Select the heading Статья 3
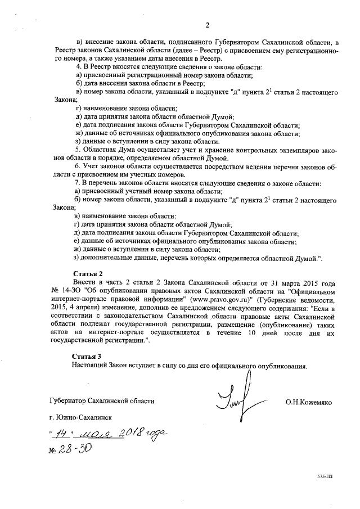coord(87,357)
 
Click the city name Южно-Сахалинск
coord(81,418)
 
